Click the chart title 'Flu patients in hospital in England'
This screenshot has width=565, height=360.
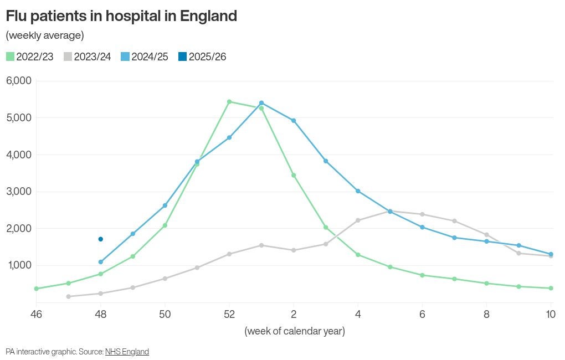pyautogui.click(x=121, y=16)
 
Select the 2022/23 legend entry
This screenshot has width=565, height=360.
pyautogui.click(x=30, y=56)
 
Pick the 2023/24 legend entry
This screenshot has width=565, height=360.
pyautogui.click(x=88, y=56)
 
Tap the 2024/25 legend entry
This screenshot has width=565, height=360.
pyautogui.click(x=145, y=56)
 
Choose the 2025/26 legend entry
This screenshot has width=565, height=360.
pyautogui.click(x=202, y=56)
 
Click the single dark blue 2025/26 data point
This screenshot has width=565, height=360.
pyautogui.click(x=100, y=239)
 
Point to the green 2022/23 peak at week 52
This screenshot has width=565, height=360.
pyautogui.click(x=229, y=101)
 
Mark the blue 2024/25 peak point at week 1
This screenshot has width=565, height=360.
pyautogui.click(x=261, y=103)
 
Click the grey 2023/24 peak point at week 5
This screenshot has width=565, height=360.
pyautogui.click(x=390, y=211)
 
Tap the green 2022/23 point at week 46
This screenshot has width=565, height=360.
pyautogui.click(x=37, y=289)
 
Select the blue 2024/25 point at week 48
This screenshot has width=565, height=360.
pyautogui.click(x=100, y=262)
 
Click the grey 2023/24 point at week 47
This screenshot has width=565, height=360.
pyautogui.click(x=68, y=296)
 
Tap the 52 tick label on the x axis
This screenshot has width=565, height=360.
pyautogui.click(x=229, y=314)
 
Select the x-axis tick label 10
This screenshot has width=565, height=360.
pyautogui.click(x=551, y=314)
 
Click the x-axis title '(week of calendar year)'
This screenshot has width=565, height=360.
pyautogui.click(x=295, y=331)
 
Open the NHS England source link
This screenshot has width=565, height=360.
pyautogui.click(x=127, y=352)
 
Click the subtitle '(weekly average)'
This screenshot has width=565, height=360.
pyautogui.click(x=45, y=35)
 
